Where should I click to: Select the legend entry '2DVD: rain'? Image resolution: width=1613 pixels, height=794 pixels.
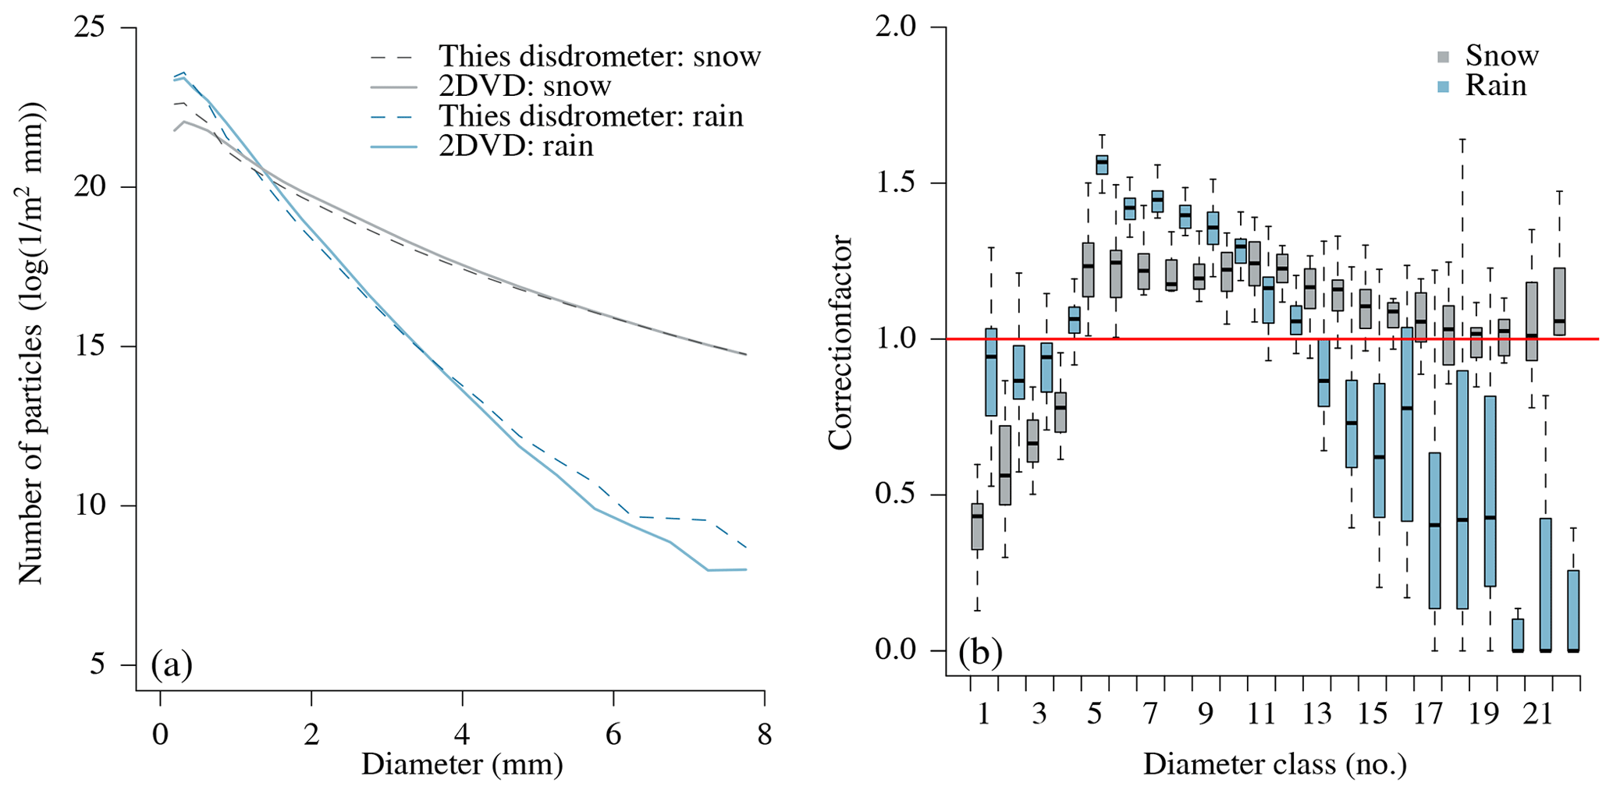516,146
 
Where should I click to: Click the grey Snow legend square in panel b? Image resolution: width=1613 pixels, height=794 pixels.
1444,57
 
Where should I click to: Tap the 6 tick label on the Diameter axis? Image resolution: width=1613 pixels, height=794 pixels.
613,735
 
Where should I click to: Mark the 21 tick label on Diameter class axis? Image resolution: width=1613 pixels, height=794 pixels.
1538,714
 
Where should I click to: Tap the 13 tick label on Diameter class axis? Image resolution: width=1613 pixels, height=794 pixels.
1316,714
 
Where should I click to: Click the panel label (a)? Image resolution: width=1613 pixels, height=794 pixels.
172,665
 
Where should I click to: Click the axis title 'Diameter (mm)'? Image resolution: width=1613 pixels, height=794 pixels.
462,764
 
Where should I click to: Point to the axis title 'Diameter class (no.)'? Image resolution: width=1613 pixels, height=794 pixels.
1274,764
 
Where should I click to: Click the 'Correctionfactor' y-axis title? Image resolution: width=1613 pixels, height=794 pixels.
841,343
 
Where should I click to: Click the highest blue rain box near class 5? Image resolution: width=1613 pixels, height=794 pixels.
1102,164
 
